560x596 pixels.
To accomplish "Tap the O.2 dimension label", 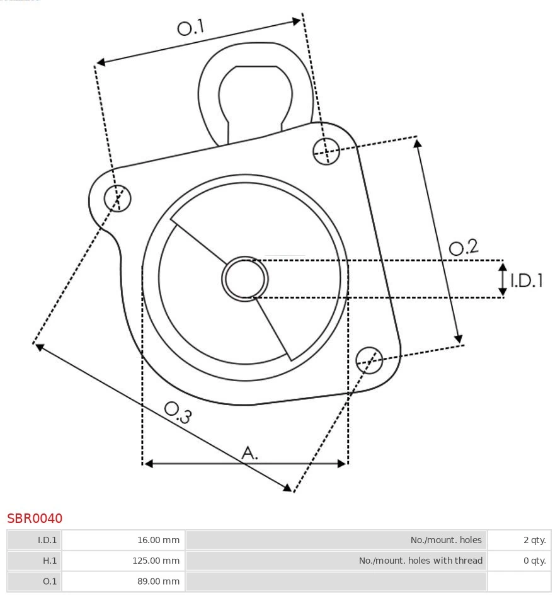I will [x=464, y=247].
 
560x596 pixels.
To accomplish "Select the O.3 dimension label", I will [x=178, y=412].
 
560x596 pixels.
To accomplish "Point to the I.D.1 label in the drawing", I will [x=526, y=280].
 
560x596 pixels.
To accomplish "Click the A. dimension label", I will [x=250, y=452].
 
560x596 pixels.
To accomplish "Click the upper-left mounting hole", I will [x=118, y=198].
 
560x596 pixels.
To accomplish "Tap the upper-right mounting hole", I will [x=327, y=151].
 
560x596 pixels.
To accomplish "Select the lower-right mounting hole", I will [x=369, y=359].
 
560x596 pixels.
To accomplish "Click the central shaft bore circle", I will [x=245, y=278].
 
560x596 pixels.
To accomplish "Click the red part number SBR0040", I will [x=35, y=519].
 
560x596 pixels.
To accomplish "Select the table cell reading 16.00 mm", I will [x=123, y=540].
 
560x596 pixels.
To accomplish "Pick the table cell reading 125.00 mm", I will [x=123, y=561].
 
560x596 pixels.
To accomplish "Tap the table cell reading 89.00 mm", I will [x=123, y=582].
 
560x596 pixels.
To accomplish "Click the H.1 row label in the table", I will [x=35, y=561].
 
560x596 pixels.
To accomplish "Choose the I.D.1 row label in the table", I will [x=35, y=540].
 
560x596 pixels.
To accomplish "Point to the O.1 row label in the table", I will [x=35, y=582].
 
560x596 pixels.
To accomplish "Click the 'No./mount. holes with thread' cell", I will [x=336, y=561].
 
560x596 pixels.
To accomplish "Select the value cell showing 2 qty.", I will [x=519, y=540].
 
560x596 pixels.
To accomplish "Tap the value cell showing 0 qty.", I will [x=519, y=561].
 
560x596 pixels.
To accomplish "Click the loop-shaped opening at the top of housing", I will [x=255, y=95].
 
